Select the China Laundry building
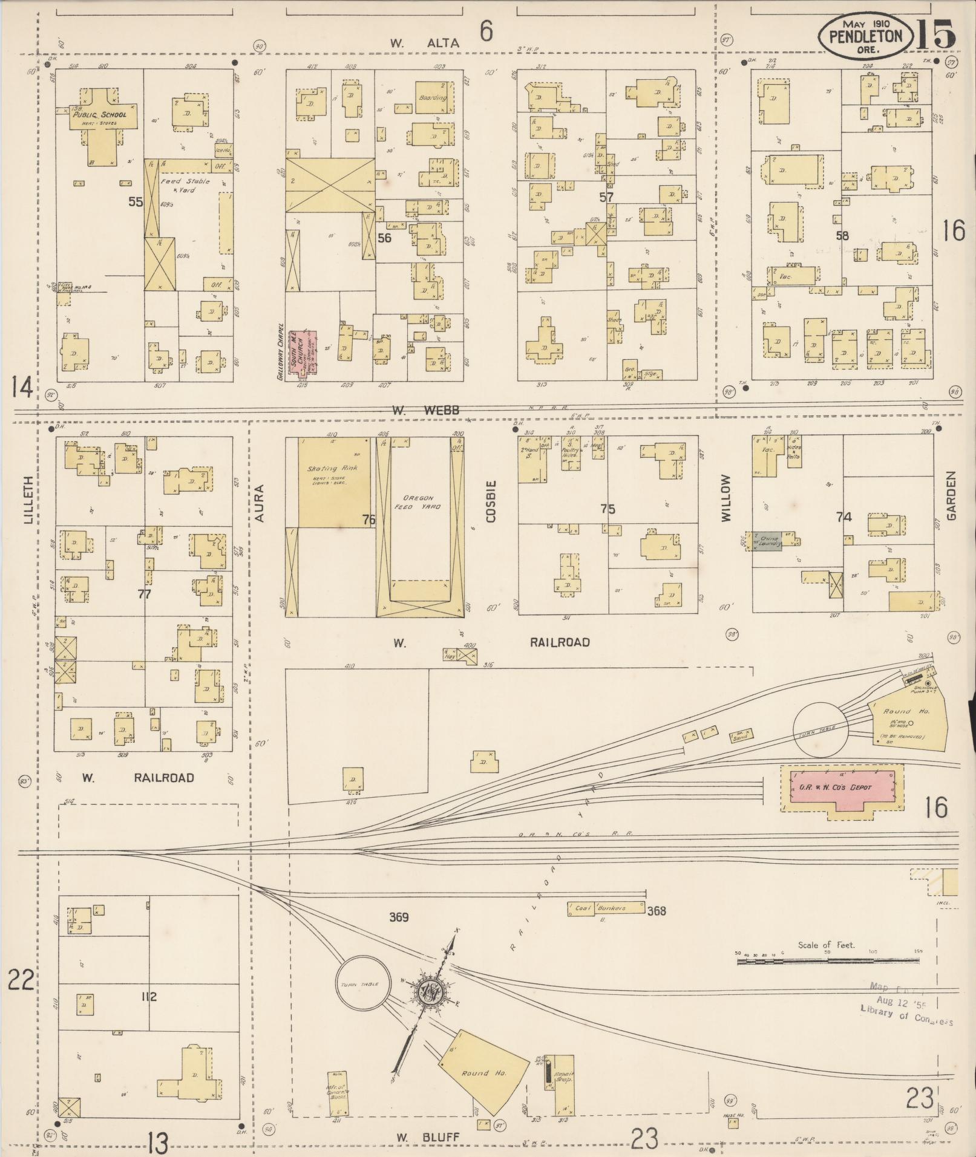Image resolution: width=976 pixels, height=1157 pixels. click(768, 541)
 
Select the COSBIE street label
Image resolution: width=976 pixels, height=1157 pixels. click(491, 501)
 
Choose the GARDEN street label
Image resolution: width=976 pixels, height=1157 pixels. click(951, 496)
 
